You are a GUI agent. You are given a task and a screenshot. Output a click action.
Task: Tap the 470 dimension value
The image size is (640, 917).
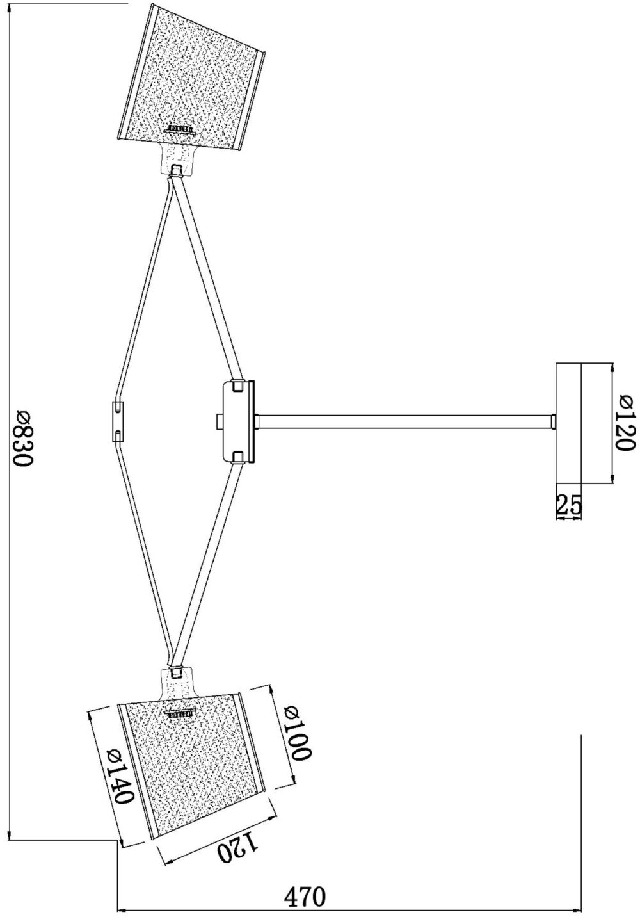click(305, 895)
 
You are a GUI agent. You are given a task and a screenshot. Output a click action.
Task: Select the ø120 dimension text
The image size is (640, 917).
click(625, 423)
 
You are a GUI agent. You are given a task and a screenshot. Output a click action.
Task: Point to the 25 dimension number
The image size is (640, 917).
click(569, 506)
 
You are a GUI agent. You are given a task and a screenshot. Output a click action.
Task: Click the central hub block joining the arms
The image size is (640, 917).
click(237, 421)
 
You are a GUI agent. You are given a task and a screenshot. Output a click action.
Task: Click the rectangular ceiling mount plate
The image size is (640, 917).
click(568, 423)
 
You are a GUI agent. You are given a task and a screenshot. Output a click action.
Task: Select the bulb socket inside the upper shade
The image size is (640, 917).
click(180, 129)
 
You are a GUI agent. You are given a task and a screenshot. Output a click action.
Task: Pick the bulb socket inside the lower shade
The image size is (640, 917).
click(180, 713)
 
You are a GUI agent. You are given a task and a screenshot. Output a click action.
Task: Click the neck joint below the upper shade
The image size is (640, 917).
click(177, 159)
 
